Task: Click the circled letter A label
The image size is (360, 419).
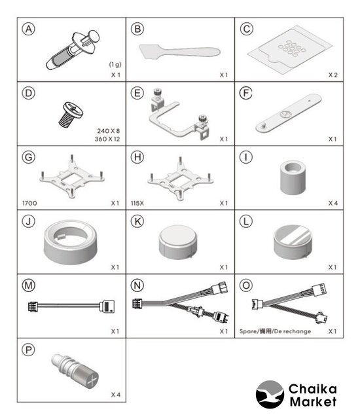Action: click(29, 29)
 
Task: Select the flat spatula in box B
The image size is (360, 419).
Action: click(179, 51)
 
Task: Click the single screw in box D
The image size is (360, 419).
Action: click(71, 115)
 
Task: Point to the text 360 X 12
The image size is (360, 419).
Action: click(107, 139)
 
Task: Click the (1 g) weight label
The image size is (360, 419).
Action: click(115, 64)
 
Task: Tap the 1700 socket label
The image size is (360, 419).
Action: click(29, 203)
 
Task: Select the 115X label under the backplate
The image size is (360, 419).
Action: click(137, 203)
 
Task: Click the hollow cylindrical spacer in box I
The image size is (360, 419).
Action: click(293, 177)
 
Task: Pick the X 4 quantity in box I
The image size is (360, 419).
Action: click(333, 203)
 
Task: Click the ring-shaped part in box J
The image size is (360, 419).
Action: click(71, 242)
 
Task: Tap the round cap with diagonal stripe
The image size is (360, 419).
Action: click(293, 242)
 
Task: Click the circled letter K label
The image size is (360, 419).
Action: click(137, 221)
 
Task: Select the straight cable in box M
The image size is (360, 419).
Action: click(71, 306)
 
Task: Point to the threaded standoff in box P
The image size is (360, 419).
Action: click(75, 371)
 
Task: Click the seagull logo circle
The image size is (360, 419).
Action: click(270, 394)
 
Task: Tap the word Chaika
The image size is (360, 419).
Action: click(313, 389)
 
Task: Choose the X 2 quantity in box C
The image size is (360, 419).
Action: click(333, 75)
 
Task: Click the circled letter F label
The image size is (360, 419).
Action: click(246, 93)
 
